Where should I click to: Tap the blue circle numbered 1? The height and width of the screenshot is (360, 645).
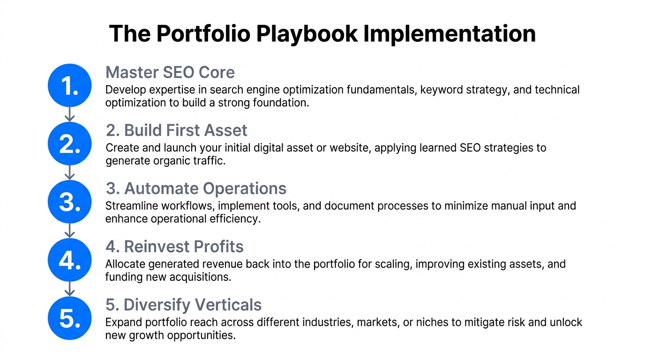tap(70, 85)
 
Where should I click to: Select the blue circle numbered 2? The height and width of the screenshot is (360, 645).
tap(70, 143)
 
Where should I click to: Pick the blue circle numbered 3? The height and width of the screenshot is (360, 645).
tap(70, 202)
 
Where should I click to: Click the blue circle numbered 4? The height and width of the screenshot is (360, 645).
tap(70, 260)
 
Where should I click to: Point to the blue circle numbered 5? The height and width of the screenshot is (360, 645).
tap(70, 318)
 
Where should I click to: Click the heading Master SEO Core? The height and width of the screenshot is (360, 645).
tap(170, 72)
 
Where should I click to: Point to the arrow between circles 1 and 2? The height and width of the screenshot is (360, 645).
tap(70, 114)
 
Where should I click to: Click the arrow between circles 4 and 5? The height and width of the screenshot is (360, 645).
tap(70, 289)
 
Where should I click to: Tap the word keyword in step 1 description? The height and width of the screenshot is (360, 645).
tap(438, 90)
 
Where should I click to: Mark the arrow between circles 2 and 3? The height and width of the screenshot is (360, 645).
tap(70, 172)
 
